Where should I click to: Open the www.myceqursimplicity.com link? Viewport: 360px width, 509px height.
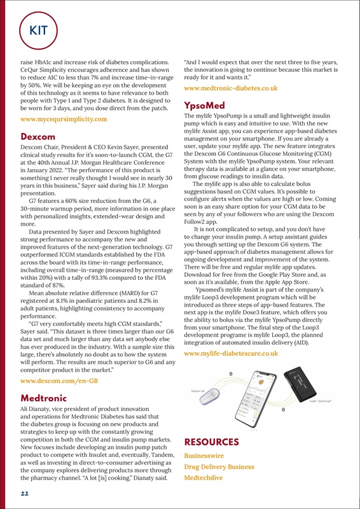[x=64, y=120]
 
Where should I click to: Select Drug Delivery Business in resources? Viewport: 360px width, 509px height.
[x=219, y=468]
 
